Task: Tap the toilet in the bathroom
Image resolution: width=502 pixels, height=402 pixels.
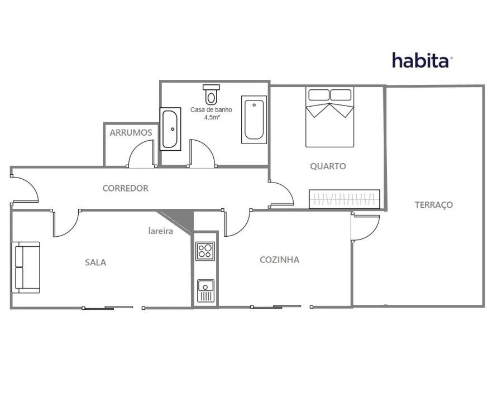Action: click(x=211, y=94)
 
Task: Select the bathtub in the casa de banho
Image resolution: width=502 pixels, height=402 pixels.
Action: click(x=254, y=119)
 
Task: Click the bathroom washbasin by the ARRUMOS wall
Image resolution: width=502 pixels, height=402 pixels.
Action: click(x=170, y=129)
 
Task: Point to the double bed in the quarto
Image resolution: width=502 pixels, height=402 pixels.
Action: click(x=330, y=117)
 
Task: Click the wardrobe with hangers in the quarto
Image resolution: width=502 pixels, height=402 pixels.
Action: click(x=345, y=199)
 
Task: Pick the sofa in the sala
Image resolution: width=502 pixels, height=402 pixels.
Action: click(x=26, y=267)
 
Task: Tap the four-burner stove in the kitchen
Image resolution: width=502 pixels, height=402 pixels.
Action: click(x=205, y=251)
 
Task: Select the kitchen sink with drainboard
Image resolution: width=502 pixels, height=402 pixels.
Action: click(x=205, y=291)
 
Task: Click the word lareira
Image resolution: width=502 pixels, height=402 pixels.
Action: click(x=161, y=231)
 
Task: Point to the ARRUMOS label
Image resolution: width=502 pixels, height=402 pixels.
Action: click(x=131, y=132)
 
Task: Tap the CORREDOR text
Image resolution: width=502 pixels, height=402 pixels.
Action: click(x=126, y=188)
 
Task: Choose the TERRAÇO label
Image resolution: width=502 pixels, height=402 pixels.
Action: click(x=434, y=205)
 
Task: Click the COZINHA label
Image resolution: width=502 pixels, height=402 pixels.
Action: click(x=280, y=260)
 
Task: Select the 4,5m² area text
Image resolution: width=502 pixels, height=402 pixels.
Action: click(x=212, y=117)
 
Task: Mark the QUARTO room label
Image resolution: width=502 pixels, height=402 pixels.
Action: click(x=328, y=166)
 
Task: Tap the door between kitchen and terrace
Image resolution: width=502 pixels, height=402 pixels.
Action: click(x=365, y=228)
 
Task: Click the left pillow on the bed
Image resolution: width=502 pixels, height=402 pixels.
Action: click(x=319, y=95)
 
